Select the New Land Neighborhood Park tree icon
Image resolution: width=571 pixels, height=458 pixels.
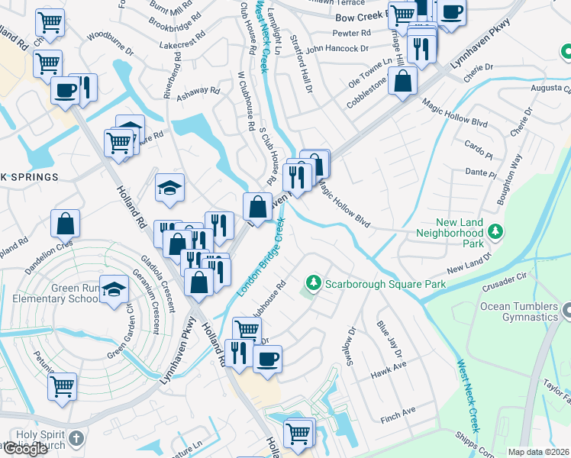point(495,231)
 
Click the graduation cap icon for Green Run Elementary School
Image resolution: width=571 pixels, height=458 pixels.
point(114,289)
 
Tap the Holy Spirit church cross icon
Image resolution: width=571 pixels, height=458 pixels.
point(75,437)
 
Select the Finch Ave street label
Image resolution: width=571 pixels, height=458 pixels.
point(398,411)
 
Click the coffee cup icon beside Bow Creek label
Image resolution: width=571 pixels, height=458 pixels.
point(451,12)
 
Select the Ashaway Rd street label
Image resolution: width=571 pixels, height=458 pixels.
point(198,91)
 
